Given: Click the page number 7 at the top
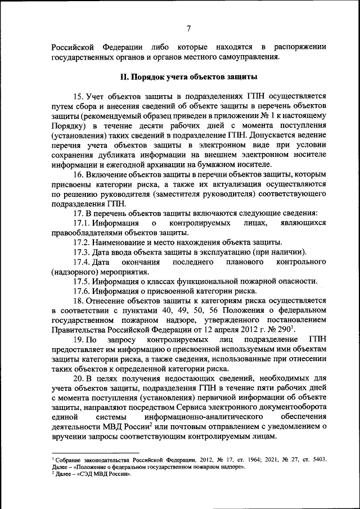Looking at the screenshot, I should pos(189,29).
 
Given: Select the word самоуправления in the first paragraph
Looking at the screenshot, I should pos(249,57).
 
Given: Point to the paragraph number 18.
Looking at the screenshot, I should pos(78,300).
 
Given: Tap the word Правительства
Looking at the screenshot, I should pos(79,330).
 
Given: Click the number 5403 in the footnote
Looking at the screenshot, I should pos(317,460).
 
